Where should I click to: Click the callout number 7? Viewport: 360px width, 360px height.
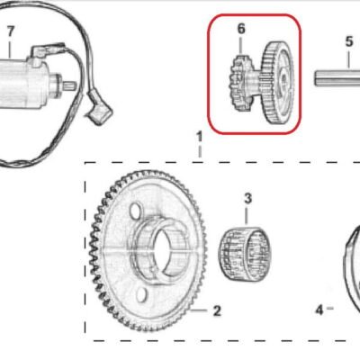tap(11, 31)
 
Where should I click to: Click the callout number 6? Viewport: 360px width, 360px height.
tap(241, 29)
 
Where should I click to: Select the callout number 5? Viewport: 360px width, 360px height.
tap(349, 41)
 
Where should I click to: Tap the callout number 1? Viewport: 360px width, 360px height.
tap(200, 138)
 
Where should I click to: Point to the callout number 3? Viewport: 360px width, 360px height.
tap(247, 199)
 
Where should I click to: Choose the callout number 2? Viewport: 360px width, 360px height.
tap(217, 310)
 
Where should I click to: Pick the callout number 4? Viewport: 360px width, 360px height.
tap(319, 310)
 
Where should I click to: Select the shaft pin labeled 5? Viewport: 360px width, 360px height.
tap(337, 78)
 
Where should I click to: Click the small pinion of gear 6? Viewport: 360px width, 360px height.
tap(239, 84)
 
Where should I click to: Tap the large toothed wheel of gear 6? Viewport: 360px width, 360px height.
tap(277, 83)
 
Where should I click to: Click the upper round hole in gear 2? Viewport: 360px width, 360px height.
tap(135, 211)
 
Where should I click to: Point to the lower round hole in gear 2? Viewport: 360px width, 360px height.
tap(141, 294)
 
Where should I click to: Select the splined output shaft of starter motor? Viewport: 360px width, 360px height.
tap(70, 85)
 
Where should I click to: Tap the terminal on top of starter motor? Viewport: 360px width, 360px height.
tap(48, 50)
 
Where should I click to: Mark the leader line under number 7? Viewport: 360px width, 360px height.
tap(10, 48)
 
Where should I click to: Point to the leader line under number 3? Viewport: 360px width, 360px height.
tap(247, 215)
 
